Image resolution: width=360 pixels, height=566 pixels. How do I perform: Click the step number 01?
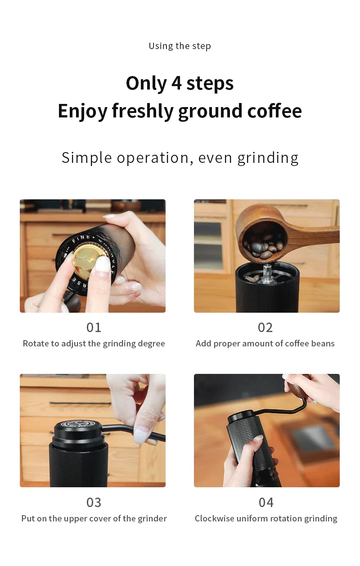(94, 327)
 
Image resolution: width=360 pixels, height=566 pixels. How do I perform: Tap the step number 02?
(265, 327)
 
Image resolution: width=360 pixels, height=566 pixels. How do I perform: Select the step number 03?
(94, 502)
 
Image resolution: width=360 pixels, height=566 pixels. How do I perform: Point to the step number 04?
(266, 502)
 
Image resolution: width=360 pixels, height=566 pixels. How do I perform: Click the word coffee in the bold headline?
(275, 111)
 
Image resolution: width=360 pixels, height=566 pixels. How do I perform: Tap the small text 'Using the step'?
(180, 46)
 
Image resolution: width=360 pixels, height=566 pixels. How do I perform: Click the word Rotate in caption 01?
(35, 344)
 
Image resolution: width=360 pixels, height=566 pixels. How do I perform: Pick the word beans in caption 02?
(323, 344)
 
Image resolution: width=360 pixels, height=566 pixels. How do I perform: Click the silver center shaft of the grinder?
(267, 272)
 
